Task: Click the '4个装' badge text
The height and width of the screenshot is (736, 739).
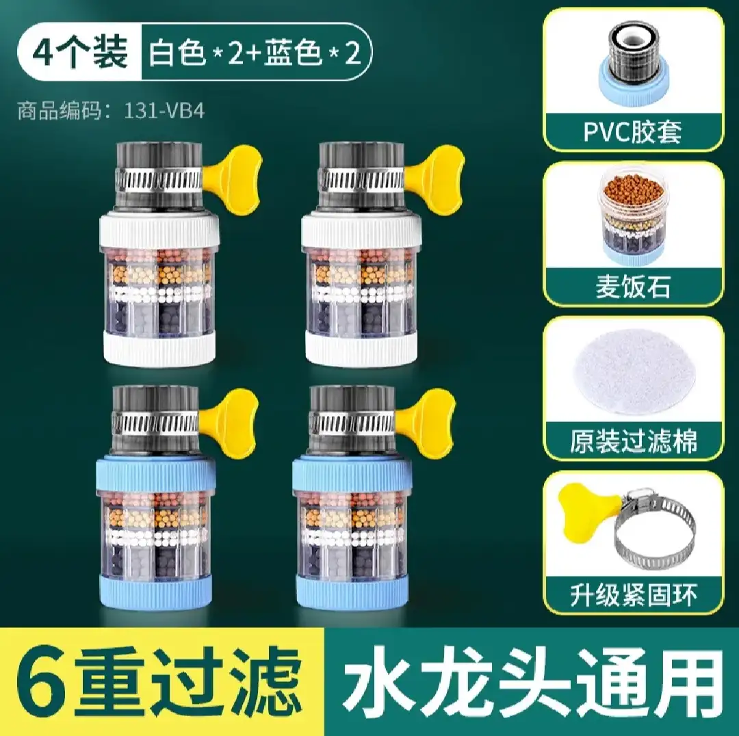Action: click(x=81, y=52)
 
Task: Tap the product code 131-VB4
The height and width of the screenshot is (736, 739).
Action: click(x=164, y=111)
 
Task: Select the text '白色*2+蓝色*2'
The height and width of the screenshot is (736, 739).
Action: click(x=255, y=52)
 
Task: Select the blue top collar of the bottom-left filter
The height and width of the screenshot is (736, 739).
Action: click(x=157, y=476)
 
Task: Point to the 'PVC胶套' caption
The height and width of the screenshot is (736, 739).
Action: click(x=633, y=132)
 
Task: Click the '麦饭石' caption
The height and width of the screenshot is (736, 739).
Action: click(x=633, y=287)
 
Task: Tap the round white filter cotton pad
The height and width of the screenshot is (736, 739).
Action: click(x=633, y=372)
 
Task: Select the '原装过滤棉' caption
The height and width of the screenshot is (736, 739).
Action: click(x=633, y=441)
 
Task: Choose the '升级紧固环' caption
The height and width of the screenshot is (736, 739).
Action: click(x=633, y=594)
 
